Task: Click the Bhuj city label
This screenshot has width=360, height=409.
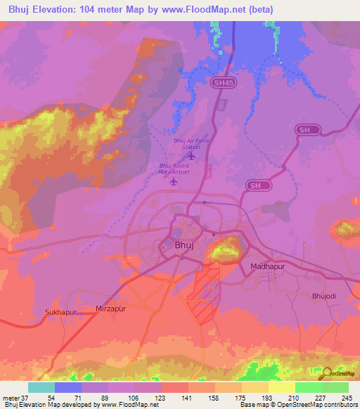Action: coord(183,245)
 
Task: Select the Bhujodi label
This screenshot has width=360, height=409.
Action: coord(325,296)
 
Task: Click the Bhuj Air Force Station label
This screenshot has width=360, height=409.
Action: coord(191,144)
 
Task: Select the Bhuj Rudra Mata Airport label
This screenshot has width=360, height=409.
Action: coord(174,169)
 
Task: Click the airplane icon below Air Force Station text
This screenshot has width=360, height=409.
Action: coord(192,155)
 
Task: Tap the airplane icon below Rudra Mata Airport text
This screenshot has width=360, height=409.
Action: coord(174,182)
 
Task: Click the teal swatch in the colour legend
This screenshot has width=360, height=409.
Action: coord(41,387)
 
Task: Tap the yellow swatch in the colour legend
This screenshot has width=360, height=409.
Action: coord(281,387)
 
